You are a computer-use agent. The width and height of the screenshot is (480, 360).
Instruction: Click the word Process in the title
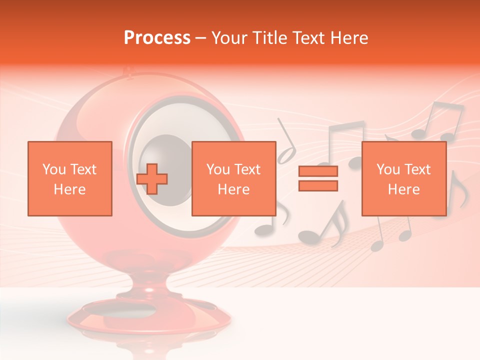pos(157,38)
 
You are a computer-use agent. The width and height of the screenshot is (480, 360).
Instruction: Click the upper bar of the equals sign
pos(318,171)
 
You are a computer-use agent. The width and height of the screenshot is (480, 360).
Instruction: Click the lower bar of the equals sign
pos(318,185)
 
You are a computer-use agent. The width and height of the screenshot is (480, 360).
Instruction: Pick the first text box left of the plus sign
pos(70,178)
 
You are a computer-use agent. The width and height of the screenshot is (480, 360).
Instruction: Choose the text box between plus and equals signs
pos(234,178)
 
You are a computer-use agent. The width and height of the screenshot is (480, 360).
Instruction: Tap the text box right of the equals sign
pos(404,178)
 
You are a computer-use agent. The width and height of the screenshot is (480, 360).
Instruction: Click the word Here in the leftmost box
pos(70,189)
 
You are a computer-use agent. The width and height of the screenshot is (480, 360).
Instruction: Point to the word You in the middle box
pos(218,169)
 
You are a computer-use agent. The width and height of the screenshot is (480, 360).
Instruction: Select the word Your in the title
pos(228,38)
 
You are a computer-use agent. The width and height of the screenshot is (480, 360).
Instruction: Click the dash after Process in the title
pos(201,38)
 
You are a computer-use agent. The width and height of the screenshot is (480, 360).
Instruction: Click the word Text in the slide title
pos(306,38)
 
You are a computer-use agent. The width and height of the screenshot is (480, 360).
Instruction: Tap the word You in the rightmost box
pos(388,169)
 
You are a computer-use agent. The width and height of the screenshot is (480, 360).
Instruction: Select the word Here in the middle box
pos(234,189)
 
